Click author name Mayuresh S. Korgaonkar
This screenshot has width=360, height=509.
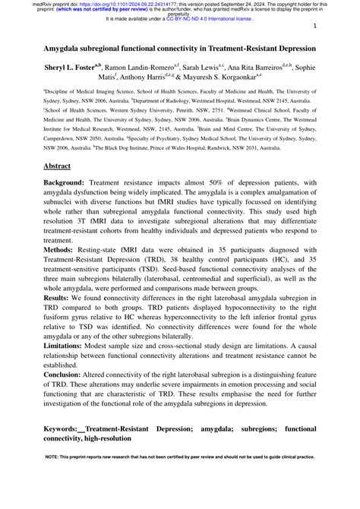221,78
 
